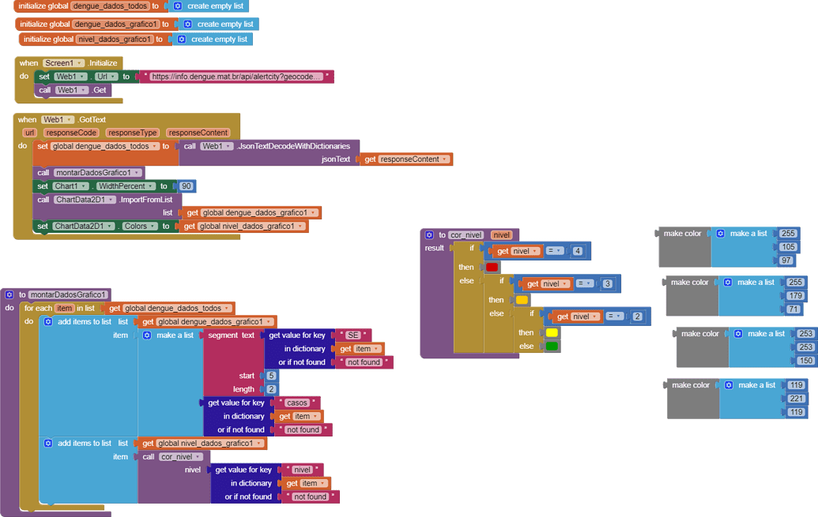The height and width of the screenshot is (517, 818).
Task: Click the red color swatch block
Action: pyautogui.click(x=492, y=268)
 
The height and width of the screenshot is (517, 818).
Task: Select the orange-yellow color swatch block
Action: pyautogui.click(x=522, y=300)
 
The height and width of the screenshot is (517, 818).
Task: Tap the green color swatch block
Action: pyautogui.click(x=552, y=346)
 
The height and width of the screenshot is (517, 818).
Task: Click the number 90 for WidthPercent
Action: pyautogui.click(x=187, y=186)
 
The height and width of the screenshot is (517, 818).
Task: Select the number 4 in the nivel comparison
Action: pyautogui.click(x=578, y=251)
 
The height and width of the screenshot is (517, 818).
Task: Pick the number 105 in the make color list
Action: pyautogui.click(x=788, y=247)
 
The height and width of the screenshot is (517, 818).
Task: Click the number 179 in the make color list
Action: pyautogui.click(x=795, y=296)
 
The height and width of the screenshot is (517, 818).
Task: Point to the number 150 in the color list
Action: pyautogui.click(x=805, y=361)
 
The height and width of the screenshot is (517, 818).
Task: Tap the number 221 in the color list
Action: pyautogui.click(x=796, y=399)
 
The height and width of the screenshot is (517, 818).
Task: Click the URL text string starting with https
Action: pyautogui.click(x=236, y=77)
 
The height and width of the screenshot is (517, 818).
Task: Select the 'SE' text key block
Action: pyautogui.click(x=353, y=335)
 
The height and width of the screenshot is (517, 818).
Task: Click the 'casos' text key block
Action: pyautogui.click(x=297, y=403)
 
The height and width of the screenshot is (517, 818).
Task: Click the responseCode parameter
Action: pyautogui.click(x=70, y=133)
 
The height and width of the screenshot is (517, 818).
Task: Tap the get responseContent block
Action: pyautogui.click(x=406, y=159)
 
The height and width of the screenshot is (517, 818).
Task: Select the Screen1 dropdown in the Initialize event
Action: pyautogui.click(x=64, y=63)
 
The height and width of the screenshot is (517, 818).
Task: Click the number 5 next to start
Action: pyautogui.click(x=271, y=376)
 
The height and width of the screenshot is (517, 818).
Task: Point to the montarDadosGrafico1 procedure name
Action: pyautogui.click(x=68, y=294)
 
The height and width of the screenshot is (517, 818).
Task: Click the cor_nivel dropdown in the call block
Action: pyautogui.click(x=181, y=457)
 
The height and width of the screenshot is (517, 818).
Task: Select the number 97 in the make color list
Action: pyautogui.click(x=786, y=260)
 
